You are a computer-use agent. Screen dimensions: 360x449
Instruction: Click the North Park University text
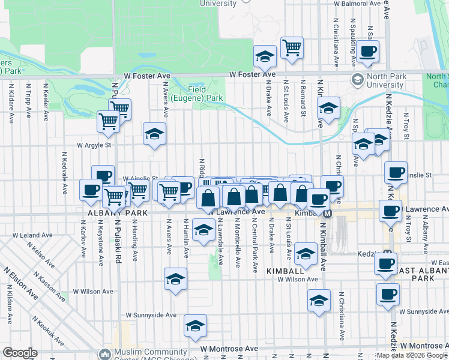(x=386, y=80)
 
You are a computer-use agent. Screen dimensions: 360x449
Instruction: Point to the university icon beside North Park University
(x=357, y=80)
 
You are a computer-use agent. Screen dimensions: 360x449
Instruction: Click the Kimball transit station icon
(x=328, y=214)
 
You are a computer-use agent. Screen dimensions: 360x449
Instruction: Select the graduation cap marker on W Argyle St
(x=155, y=134)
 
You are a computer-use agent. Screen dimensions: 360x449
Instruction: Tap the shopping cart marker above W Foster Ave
(x=292, y=47)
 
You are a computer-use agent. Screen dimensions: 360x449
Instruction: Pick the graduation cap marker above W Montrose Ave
(x=195, y=326)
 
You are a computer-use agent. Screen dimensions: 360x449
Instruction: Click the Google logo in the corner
(x=20, y=353)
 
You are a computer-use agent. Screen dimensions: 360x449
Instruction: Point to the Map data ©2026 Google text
(x=412, y=355)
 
